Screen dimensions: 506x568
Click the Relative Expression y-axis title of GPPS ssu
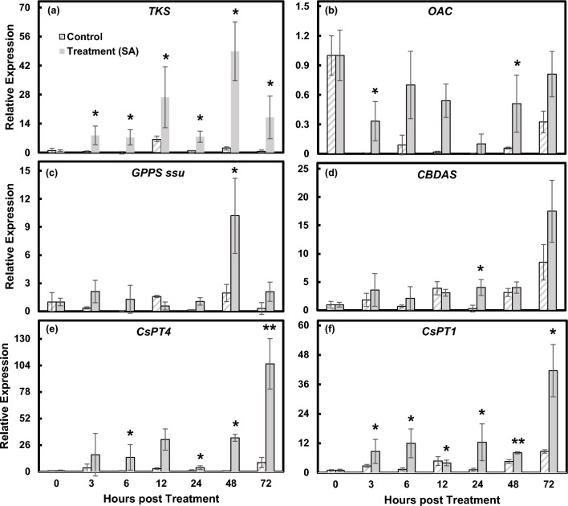(x=8, y=238)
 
